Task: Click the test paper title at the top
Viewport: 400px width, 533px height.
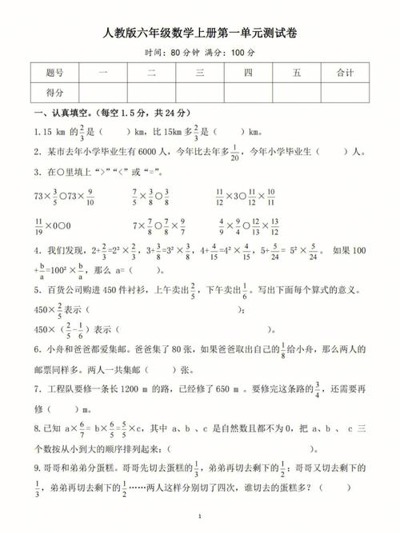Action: (x=200, y=33)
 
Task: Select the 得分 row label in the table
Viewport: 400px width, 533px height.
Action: (x=55, y=93)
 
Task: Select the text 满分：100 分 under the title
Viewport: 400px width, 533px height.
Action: (x=229, y=53)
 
